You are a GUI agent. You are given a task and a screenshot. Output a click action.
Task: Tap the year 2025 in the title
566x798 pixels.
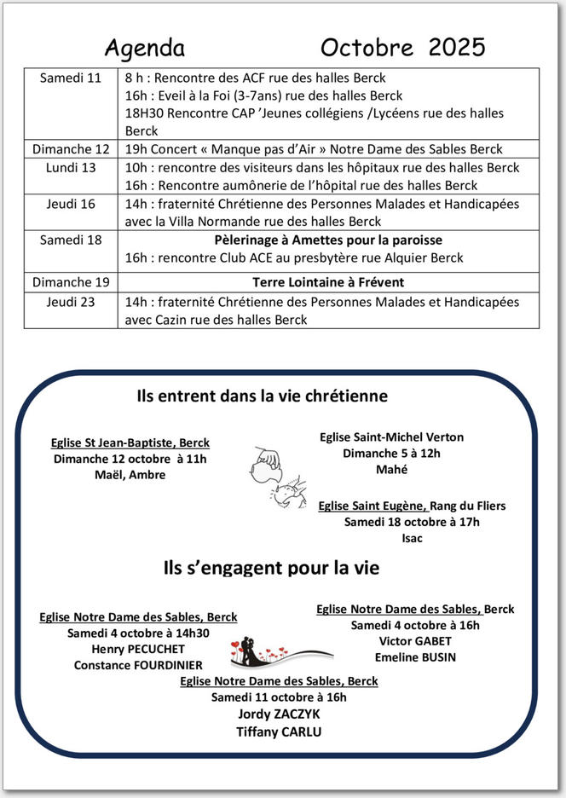click(457, 46)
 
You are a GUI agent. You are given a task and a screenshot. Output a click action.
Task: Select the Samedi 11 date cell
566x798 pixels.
click(71, 78)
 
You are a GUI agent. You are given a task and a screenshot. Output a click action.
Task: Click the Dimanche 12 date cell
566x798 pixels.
click(71, 149)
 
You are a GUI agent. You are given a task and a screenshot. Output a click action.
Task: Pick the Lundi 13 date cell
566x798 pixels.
click(71, 167)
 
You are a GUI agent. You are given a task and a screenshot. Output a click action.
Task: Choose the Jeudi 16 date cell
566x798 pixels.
click(71, 204)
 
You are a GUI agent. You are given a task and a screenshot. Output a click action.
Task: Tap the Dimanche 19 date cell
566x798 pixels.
click(71, 281)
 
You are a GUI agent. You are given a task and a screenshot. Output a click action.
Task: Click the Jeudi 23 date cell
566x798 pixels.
click(71, 301)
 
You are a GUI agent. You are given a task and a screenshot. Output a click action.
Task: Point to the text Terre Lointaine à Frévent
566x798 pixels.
click(328, 281)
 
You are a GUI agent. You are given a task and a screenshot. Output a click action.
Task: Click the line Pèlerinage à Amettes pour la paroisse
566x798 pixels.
click(328, 240)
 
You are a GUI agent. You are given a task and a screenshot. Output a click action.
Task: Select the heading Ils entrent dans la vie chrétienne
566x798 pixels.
click(263, 396)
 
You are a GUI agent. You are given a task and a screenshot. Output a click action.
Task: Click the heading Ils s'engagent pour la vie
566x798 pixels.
click(271, 567)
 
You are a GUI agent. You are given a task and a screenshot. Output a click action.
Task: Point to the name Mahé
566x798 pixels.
click(391, 469)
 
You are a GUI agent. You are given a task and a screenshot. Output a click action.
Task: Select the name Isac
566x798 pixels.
click(412, 538)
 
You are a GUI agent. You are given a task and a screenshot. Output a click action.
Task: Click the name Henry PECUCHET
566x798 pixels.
click(138, 649)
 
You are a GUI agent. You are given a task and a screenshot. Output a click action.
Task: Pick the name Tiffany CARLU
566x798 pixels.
click(279, 731)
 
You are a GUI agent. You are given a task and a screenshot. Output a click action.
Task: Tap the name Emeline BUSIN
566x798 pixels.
click(415, 657)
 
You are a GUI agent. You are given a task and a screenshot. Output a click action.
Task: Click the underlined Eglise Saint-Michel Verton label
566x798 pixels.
click(391, 437)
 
